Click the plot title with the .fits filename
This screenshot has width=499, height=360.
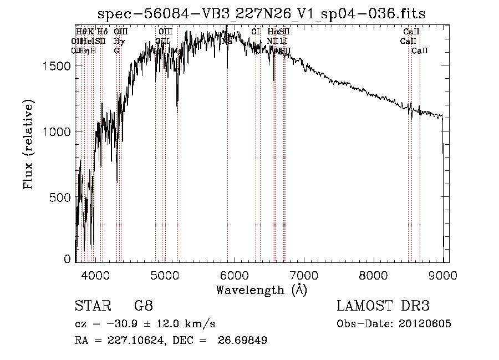(262, 14)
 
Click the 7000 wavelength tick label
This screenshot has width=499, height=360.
(304, 275)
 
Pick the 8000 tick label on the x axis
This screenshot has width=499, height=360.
(374, 275)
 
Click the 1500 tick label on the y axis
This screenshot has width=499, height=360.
(57, 66)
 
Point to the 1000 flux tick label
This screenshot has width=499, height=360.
(57, 131)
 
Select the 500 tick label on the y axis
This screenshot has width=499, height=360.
(60, 197)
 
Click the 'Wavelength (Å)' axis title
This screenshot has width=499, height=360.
(261, 290)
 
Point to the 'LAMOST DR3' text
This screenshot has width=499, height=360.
(383, 306)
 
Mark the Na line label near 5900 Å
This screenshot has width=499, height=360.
(227, 41)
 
